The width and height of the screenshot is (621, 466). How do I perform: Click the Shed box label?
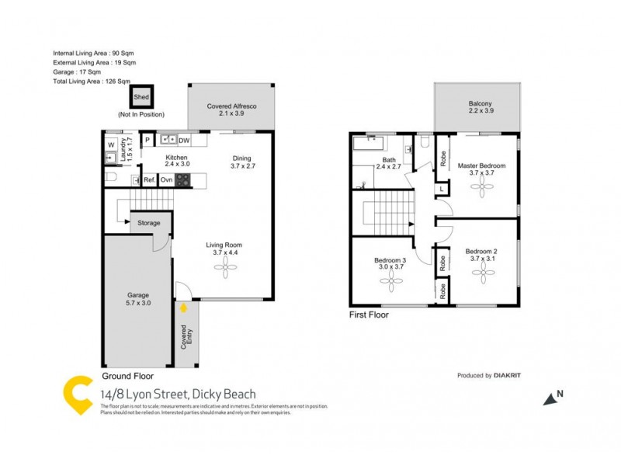click(141, 97)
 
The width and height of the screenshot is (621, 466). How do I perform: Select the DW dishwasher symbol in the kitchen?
click(184, 141)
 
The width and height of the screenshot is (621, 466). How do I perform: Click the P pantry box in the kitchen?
click(147, 141)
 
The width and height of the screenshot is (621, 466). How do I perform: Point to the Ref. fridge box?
click(149, 180)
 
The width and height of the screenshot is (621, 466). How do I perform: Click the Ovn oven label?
click(166, 180)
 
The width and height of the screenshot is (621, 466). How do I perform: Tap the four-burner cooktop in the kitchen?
click(183, 180)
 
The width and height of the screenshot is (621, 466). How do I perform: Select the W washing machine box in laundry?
click(111, 144)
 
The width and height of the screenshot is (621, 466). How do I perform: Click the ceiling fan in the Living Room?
click(226, 268)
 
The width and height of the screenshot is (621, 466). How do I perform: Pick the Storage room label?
click(149, 223)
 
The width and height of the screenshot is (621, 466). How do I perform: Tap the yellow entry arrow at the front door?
click(183, 308)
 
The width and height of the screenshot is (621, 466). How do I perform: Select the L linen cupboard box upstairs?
click(441, 189)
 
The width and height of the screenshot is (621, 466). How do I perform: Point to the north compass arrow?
click(550, 398)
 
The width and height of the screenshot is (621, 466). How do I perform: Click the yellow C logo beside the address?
click(76, 394)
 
